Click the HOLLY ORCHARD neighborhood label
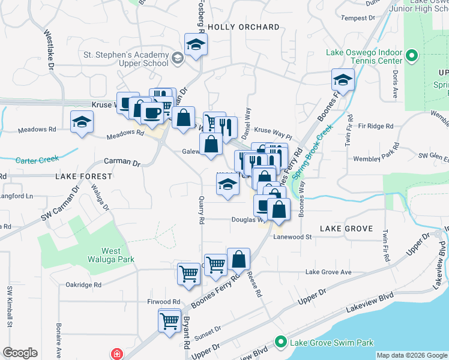(x=244, y=27)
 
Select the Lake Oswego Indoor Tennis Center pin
(x=412, y=57)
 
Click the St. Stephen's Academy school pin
(x=178, y=58)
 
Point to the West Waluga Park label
(x=118, y=255)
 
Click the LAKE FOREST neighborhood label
(x=83, y=176)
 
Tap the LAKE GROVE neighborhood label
(x=347, y=229)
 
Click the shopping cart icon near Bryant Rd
(x=170, y=320)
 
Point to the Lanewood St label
(x=293, y=237)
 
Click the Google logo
(x=20, y=353)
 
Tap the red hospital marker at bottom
(x=116, y=354)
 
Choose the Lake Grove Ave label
(x=328, y=272)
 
